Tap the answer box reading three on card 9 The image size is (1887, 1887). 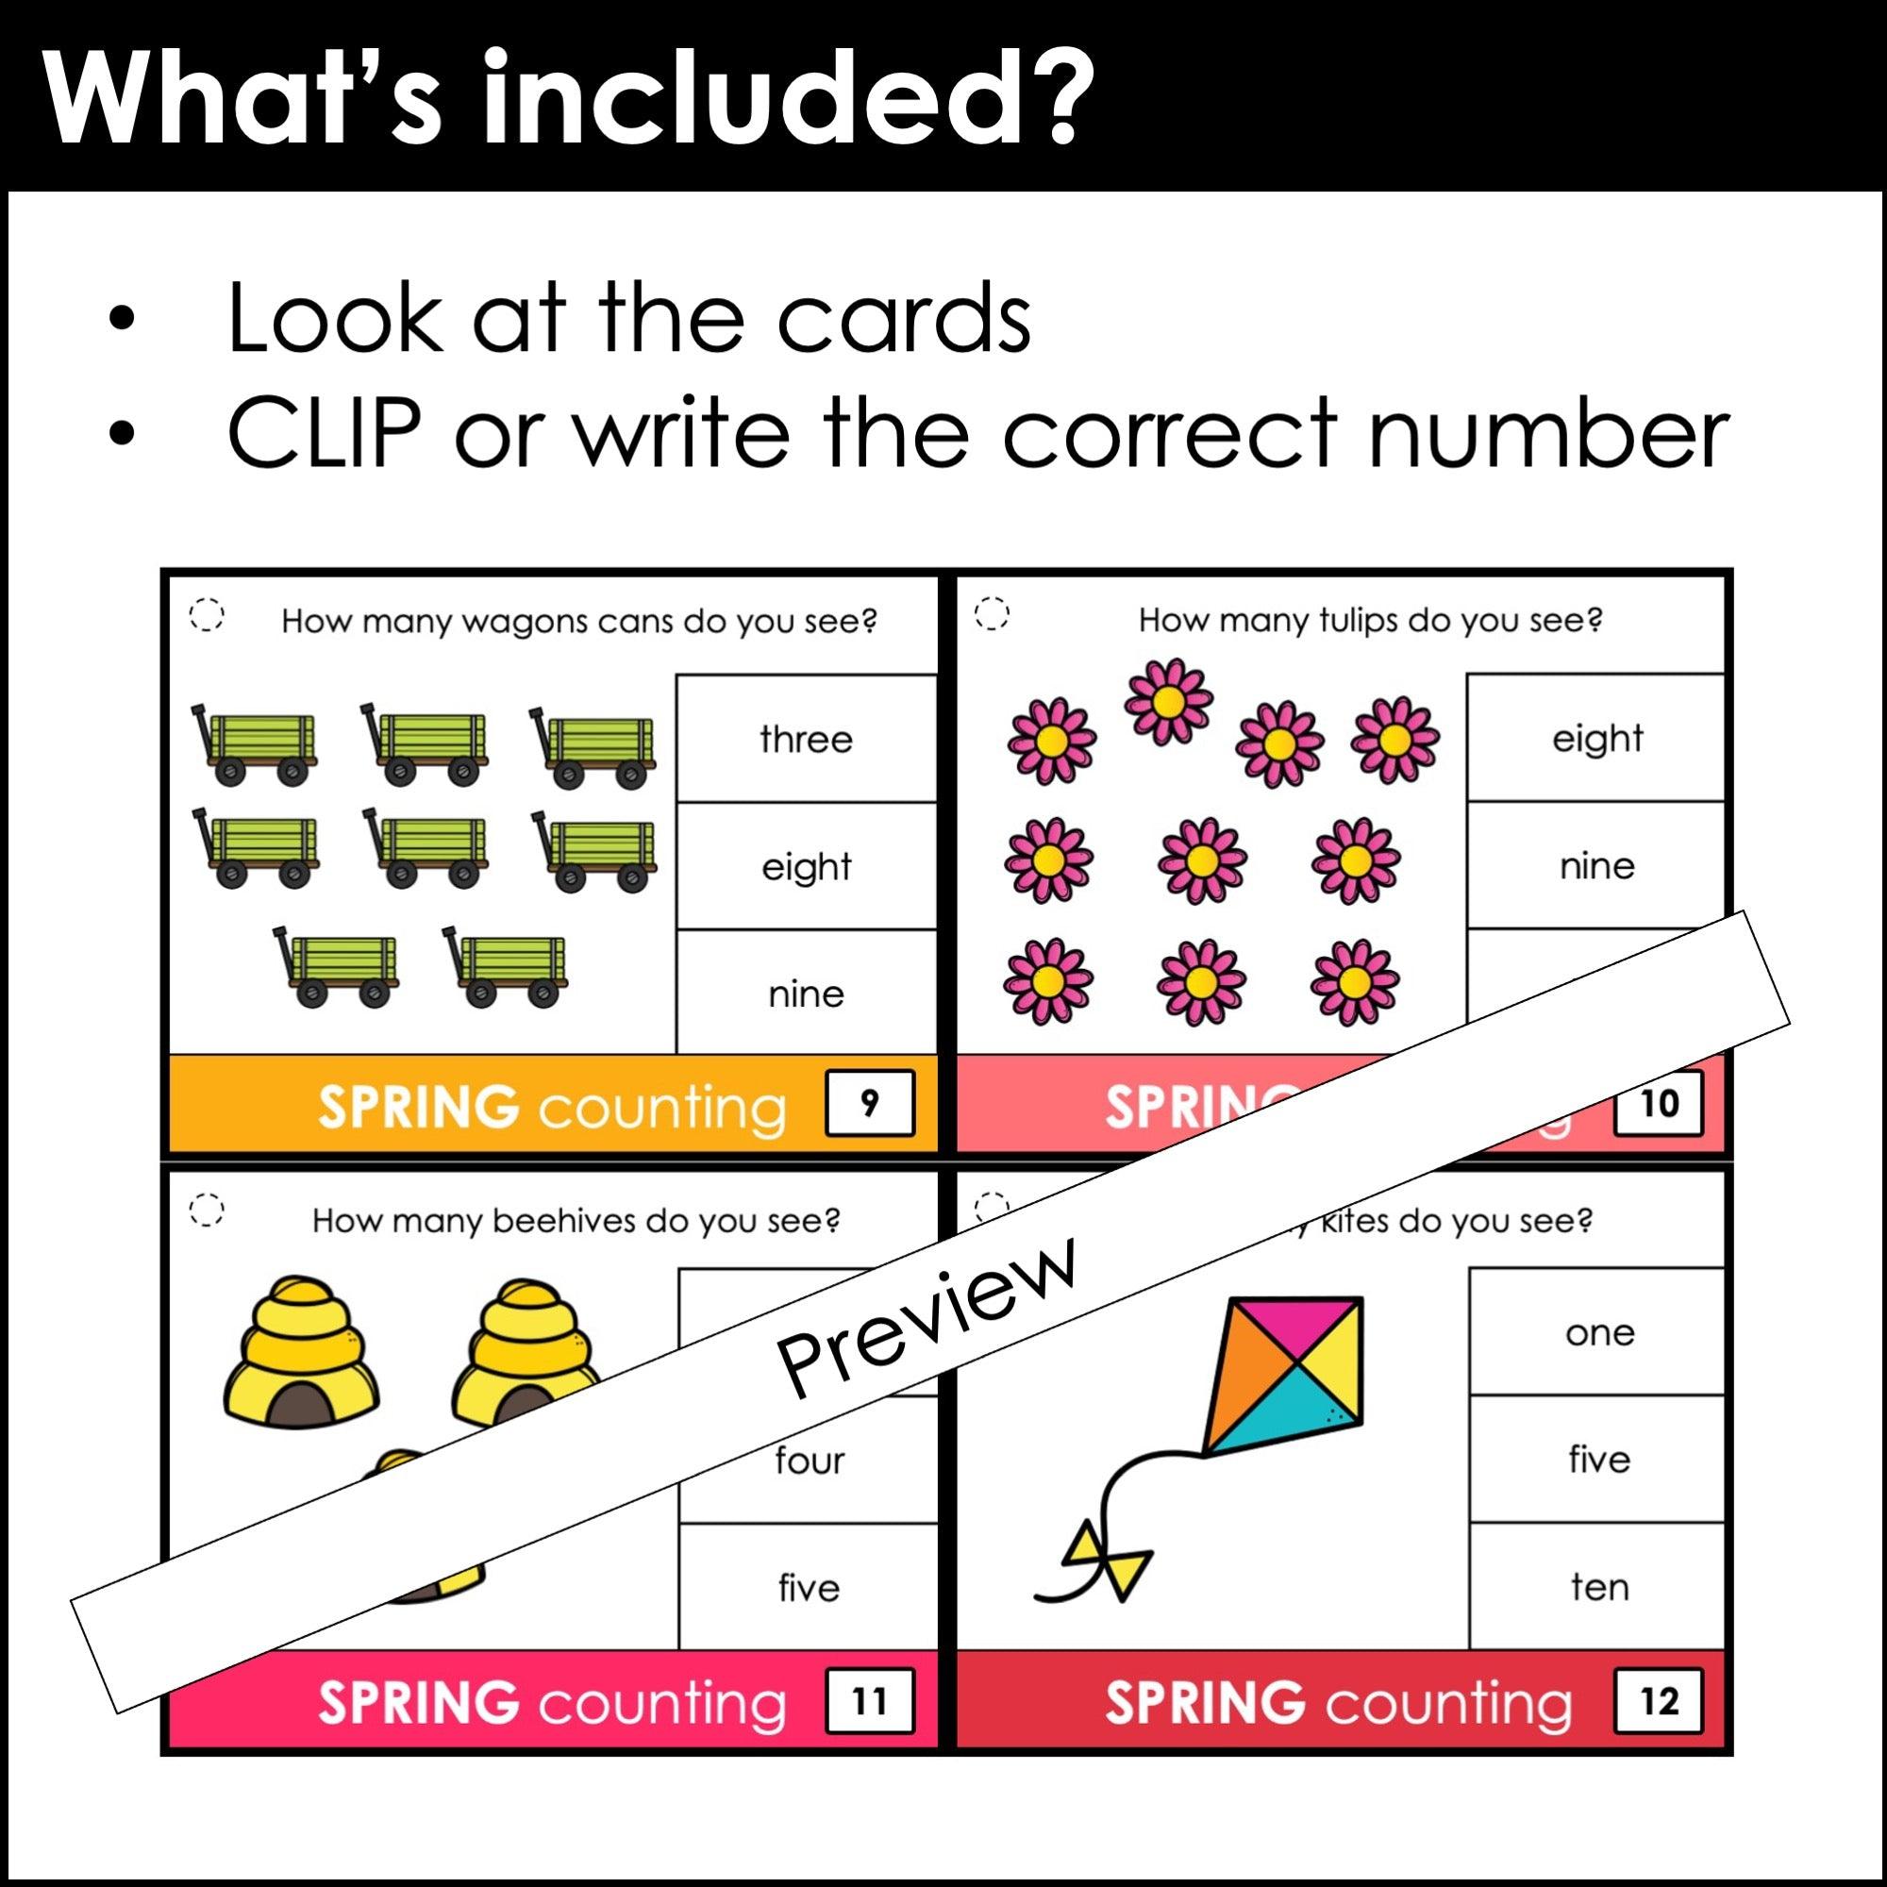[x=806, y=740]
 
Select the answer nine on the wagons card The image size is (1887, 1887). [x=806, y=994]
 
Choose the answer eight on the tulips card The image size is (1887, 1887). [x=1597, y=739]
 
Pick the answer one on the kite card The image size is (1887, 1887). [x=1599, y=1333]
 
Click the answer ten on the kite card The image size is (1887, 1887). [x=1599, y=1587]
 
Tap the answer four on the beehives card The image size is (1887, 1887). [x=809, y=1461]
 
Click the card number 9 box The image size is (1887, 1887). [x=869, y=1104]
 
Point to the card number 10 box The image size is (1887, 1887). [x=1659, y=1104]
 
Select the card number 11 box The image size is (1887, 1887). [x=869, y=1701]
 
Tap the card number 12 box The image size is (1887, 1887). [x=1659, y=1701]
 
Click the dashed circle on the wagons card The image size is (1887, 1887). [x=206, y=616]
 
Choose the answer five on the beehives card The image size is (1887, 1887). [x=809, y=1588]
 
